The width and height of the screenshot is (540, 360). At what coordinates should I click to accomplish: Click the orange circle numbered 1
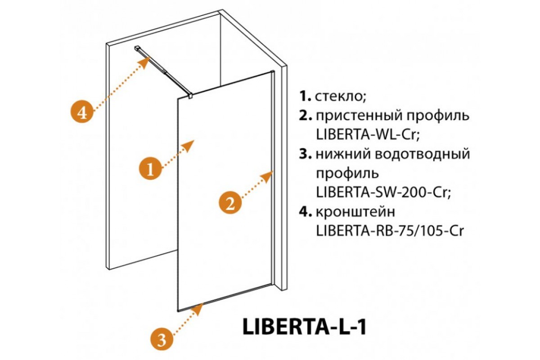150,169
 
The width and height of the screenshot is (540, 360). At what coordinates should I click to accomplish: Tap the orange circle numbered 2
230,202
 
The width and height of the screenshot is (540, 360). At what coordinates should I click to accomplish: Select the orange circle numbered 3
162,340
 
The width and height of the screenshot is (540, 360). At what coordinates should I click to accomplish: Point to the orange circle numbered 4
82,112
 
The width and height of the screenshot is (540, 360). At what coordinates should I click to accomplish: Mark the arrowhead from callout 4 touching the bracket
144,62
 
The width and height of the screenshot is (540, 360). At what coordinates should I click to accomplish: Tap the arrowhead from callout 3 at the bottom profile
198,309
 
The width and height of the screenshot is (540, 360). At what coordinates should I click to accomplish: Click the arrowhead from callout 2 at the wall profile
267,177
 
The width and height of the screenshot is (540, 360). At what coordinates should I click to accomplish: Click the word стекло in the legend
340,97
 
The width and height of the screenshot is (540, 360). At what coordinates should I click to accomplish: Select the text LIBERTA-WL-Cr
368,135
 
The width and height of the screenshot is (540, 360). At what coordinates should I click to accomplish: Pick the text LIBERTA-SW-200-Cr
383,193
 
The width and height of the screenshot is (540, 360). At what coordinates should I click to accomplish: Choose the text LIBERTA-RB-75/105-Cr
390,231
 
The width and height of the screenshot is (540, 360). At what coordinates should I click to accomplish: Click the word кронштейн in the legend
355,212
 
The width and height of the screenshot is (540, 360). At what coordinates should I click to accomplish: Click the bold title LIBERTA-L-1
305,327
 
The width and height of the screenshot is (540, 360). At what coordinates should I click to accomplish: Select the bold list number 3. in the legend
306,154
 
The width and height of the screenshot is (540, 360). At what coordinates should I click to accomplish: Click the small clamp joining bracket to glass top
190,95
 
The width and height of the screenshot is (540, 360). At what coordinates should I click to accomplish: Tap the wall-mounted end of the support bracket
137,48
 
